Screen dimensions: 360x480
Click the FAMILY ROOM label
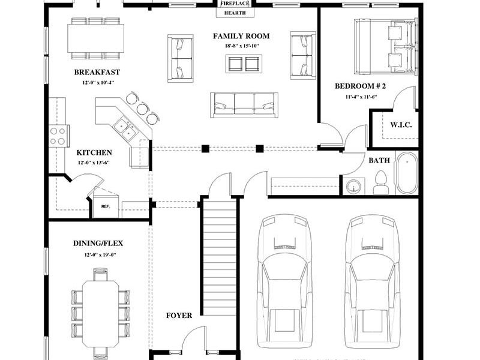pos(241,36)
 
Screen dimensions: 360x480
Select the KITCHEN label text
pos(94,152)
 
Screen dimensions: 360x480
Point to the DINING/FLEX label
pos(98,243)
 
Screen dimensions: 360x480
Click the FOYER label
pos(179,316)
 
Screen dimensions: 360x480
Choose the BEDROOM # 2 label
pos(360,86)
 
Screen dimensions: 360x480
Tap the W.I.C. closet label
pos(400,125)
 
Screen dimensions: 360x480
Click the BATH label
pos(379,160)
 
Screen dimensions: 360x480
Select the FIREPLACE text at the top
pos(235,3)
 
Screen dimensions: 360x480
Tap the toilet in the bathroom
pos(381,182)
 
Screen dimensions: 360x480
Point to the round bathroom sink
pos(354,187)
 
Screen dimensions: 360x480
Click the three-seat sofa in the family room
pos(244,105)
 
